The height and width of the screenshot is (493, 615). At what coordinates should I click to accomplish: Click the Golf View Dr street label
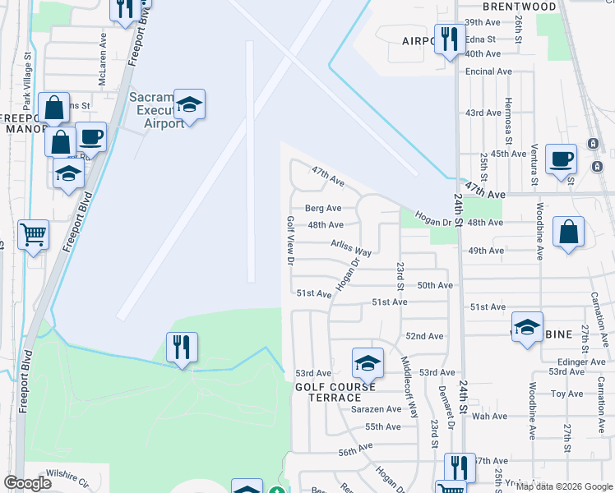click(x=289, y=241)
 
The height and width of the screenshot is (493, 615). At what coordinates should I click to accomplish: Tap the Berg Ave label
click(x=323, y=209)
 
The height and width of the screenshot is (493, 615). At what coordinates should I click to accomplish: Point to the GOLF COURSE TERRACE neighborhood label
click(x=335, y=392)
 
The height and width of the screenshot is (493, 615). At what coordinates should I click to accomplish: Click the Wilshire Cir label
click(x=67, y=475)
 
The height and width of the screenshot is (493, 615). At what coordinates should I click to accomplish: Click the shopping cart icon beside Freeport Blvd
click(x=33, y=234)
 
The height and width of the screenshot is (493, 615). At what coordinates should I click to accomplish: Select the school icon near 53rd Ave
click(x=368, y=362)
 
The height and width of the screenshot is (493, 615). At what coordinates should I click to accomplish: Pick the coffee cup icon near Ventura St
click(x=562, y=159)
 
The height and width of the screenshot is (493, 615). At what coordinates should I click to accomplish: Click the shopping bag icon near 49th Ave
click(x=569, y=233)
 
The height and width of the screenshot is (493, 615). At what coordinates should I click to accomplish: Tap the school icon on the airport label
click(x=190, y=104)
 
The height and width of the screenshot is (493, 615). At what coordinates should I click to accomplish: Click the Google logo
click(x=28, y=483)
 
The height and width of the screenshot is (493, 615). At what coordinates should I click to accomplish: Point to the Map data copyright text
click(x=563, y=486)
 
